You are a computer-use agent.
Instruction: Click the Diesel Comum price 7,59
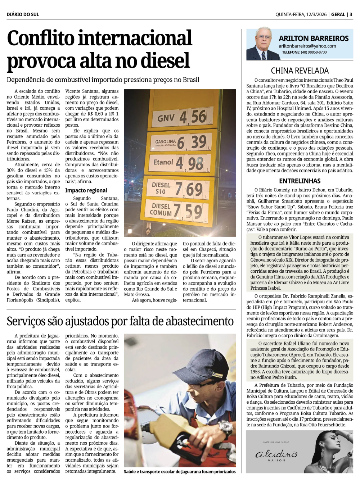click(x=188, y=211)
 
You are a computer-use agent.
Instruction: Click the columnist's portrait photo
click(x=261, y=44)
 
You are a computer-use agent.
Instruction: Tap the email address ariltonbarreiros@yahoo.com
click(x=307, y=46)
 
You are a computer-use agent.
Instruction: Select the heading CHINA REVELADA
click(x=300, y=71)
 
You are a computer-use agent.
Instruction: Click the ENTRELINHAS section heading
click(x=300, y=181)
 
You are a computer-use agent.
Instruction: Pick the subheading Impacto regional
click(x=86, y=190)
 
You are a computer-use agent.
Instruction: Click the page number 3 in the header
click(x=351, y=14)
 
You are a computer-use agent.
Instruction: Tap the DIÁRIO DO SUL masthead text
click(x=23, y=14)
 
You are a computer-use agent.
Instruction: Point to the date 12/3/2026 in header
click(x=316, y=14)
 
